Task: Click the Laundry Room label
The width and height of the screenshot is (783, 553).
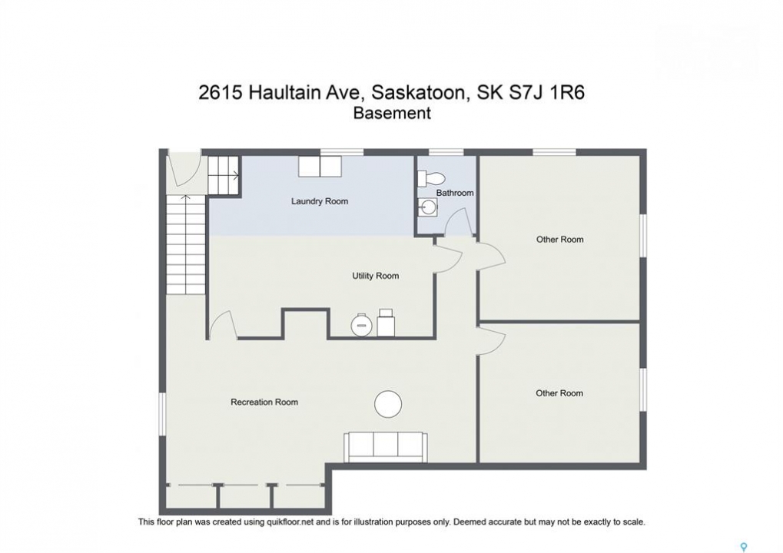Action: click(x=320, y=202)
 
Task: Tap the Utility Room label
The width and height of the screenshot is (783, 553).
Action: click(x=376, y=276)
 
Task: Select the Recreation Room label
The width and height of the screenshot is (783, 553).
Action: click(x=264, y=402)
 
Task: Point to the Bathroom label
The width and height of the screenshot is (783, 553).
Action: click(x=455, y=193)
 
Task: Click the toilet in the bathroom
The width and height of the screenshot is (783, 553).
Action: click(x=430, y=177)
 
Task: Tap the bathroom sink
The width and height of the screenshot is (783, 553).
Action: click(x=427, y=207)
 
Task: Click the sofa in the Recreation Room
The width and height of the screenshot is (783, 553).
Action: click(x=384, y=448)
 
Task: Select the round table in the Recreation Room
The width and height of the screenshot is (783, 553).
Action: click(x=388, y=404)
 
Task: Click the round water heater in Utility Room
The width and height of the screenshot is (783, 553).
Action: click(x=362, y=326)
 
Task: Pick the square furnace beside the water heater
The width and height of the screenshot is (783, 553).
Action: click(x=387, y=323)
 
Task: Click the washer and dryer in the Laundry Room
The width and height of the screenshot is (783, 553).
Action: click(x=320, y=166)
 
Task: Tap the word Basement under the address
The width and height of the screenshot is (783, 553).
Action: click(x=392, y=113)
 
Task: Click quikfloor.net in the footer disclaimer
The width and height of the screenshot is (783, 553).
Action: click(x=286, y=522)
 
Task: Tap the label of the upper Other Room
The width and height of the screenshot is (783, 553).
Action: click(x=560, y=240)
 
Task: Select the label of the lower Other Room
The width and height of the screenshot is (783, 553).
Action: click(x=559, y=393)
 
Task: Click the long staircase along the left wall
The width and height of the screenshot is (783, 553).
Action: click(x=186, y=244)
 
